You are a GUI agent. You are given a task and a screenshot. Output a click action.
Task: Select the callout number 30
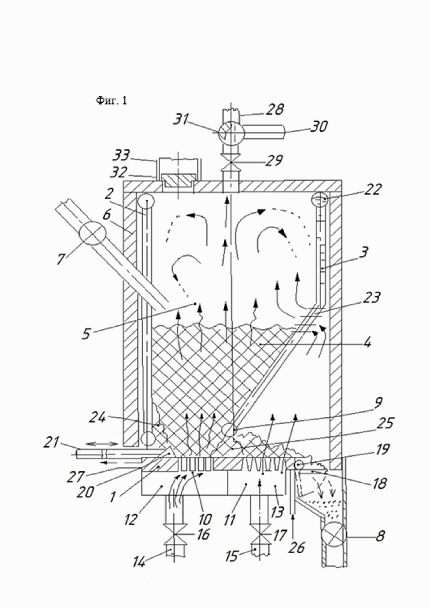point(318,127)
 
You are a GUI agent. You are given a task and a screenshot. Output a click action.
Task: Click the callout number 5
point(86,334)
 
